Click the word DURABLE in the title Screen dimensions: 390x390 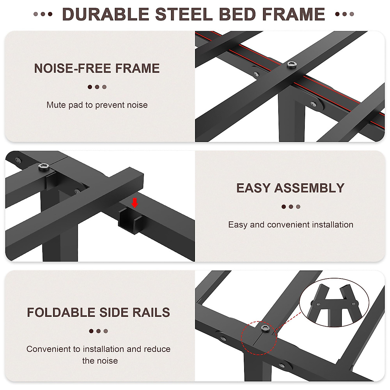coord(105,14)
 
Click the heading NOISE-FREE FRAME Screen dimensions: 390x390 coord(97,69)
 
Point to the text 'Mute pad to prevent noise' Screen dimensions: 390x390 coord(97,105)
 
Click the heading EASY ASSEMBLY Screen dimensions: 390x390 coord(290,188)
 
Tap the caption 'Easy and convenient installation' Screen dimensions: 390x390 coord(291,225)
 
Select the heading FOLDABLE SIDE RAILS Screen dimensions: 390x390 coord(98,312)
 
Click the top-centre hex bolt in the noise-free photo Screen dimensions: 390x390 coord(290,65)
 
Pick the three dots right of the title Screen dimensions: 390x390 coord(344,14)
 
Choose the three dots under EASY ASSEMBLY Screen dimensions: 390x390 coord(291,207)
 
